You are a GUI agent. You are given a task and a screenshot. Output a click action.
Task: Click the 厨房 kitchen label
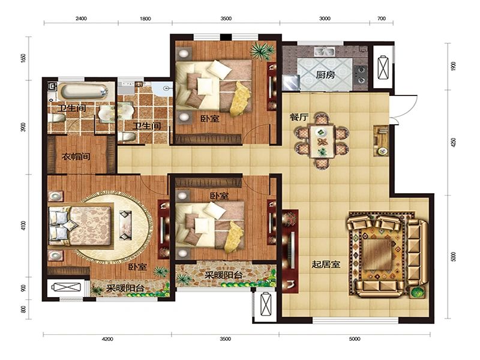[325, 74]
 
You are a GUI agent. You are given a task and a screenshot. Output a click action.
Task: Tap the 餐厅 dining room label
[299, 117]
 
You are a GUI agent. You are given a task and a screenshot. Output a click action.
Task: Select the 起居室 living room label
[326, 264]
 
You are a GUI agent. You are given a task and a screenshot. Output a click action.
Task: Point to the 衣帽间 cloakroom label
[76, 157]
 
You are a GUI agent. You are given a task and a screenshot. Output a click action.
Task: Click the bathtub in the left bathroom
[83, 91]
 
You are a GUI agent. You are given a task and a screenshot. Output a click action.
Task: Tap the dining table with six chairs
[322, 141]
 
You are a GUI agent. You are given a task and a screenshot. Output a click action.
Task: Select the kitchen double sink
[324, 52]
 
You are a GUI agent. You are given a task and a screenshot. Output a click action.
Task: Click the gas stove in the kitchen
[361, 74]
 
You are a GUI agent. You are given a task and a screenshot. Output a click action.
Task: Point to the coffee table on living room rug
[377, 254]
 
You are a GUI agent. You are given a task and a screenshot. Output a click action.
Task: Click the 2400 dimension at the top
[81, 19]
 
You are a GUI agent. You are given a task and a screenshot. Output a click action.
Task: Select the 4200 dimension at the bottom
[107, 339]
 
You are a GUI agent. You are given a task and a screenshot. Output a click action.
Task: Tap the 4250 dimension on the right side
[454, 142]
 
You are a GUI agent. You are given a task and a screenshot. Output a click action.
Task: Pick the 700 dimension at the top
[382, 19]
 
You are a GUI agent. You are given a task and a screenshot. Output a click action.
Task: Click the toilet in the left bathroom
[57, 118]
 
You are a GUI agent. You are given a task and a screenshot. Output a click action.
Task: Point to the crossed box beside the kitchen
[383, 67]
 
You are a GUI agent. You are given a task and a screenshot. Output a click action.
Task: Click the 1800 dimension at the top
[145, 19]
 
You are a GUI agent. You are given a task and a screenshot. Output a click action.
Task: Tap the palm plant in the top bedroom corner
[262, 51]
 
